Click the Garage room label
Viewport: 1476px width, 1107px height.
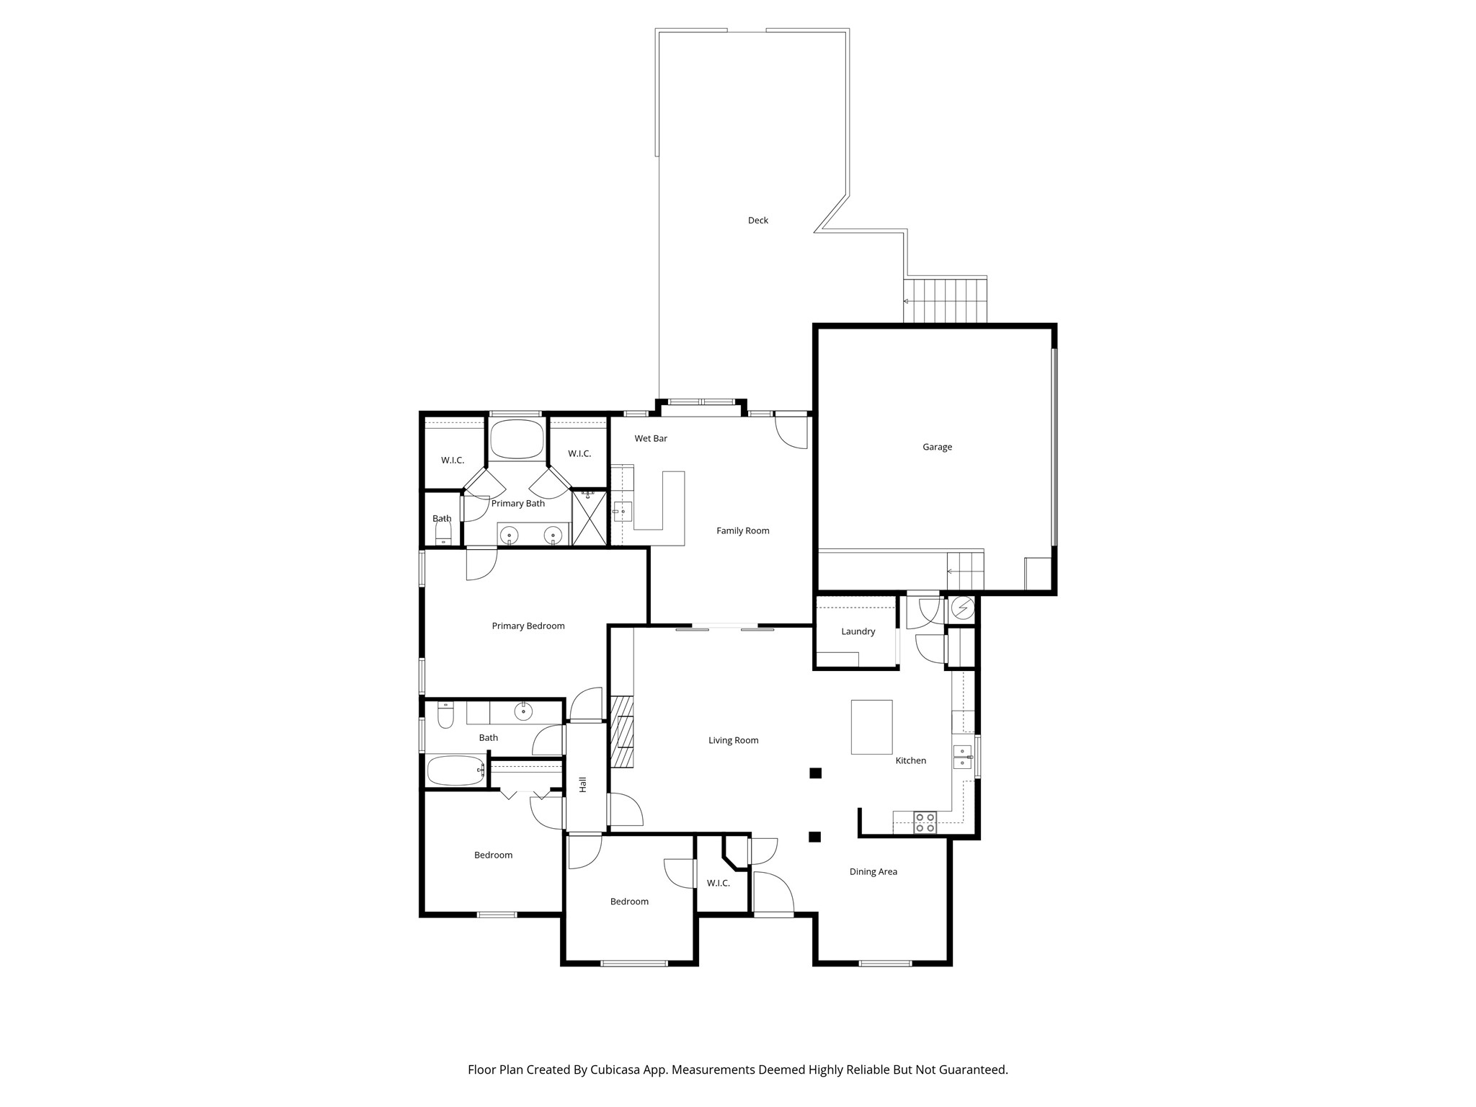tap(937, 447)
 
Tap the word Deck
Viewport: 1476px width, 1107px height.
tap(757, 221)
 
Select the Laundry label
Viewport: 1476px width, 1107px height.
tap(858, 631)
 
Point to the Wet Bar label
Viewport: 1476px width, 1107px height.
tap(650, 438)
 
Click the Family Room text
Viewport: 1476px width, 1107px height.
tap(742, 530)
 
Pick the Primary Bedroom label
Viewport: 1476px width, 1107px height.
tap(528, 626)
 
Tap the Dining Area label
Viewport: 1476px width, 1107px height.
tap(873, 871)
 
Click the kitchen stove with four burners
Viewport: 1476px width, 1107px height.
tap(925, 822)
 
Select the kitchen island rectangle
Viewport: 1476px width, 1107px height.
tap(871, 726)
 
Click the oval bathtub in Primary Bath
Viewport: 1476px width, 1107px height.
tap(517, 439)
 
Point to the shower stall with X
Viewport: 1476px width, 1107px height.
tap(590, 517)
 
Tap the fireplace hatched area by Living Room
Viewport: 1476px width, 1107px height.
tap(621, 732)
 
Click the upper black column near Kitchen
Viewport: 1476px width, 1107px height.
tap(815, 773)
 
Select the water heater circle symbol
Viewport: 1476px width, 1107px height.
tap(962, 608)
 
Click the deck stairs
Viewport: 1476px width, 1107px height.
tap(945, 301)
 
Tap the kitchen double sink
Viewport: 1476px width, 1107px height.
tap(961, 757)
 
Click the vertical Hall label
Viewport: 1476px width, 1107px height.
tap(582, 784)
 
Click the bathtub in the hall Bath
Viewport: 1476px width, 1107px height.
tap(456, 770)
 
